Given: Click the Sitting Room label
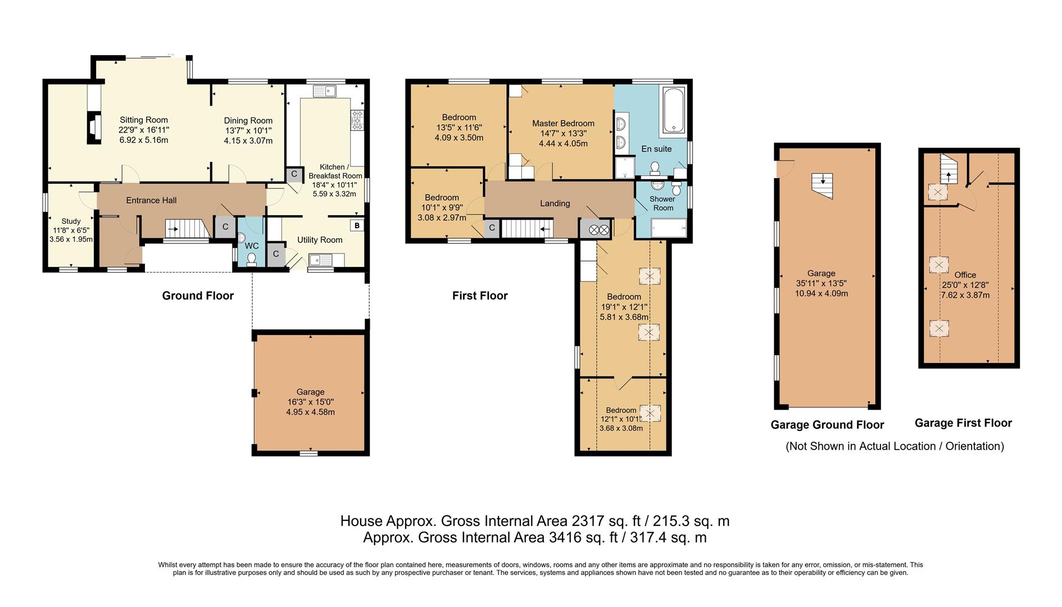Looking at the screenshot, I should [x=144, y=120].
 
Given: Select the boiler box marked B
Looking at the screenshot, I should [x=357, y=226].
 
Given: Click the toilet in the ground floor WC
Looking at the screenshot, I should [x=251, y=259].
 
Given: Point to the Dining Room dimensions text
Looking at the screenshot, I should [x=248, y=135].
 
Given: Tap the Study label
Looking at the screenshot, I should [x=71, y=221].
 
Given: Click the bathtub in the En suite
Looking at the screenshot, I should [x=672, y=110].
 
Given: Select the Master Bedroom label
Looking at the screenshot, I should [x=563, y=123].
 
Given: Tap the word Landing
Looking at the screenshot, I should [x=555, y=203].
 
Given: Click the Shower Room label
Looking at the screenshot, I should [x=662, y=203].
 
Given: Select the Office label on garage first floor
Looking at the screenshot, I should [x=965, y=275].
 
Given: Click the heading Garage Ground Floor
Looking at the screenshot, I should [x=827, y=425].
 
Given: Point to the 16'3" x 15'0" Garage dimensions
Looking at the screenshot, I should [x=310, y=402].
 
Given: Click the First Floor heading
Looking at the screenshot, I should [x=480, y=296].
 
